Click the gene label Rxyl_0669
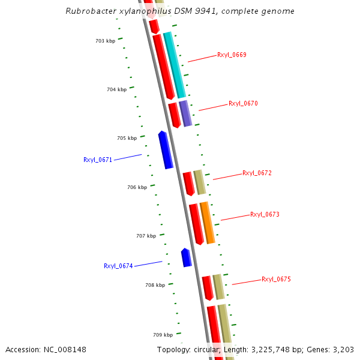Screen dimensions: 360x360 pos(232,55)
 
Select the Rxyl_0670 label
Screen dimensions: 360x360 pos(243,103)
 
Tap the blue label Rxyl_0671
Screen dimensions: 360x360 pos(98,160)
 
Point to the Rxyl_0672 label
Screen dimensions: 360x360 pos(257,173)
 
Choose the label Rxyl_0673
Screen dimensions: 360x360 pos(265,214)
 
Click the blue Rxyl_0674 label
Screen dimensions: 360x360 pos(118,266)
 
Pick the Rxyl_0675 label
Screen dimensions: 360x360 pos(276,279)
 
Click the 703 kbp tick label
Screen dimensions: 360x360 pos(105,41)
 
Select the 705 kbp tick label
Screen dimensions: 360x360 pos(127,138)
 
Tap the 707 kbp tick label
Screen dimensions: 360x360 pos(146,236)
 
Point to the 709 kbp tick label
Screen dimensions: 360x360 pos(163,335)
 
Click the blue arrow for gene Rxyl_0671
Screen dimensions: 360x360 pos(165,149)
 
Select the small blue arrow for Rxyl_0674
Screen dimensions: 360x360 pos(187,257)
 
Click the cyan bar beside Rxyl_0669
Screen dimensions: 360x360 pos(175,65)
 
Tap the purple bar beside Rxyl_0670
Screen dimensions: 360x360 pos(185,113)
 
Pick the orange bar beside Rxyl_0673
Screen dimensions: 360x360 pos(207,223)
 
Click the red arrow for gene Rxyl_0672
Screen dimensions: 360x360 pos(188,183)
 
